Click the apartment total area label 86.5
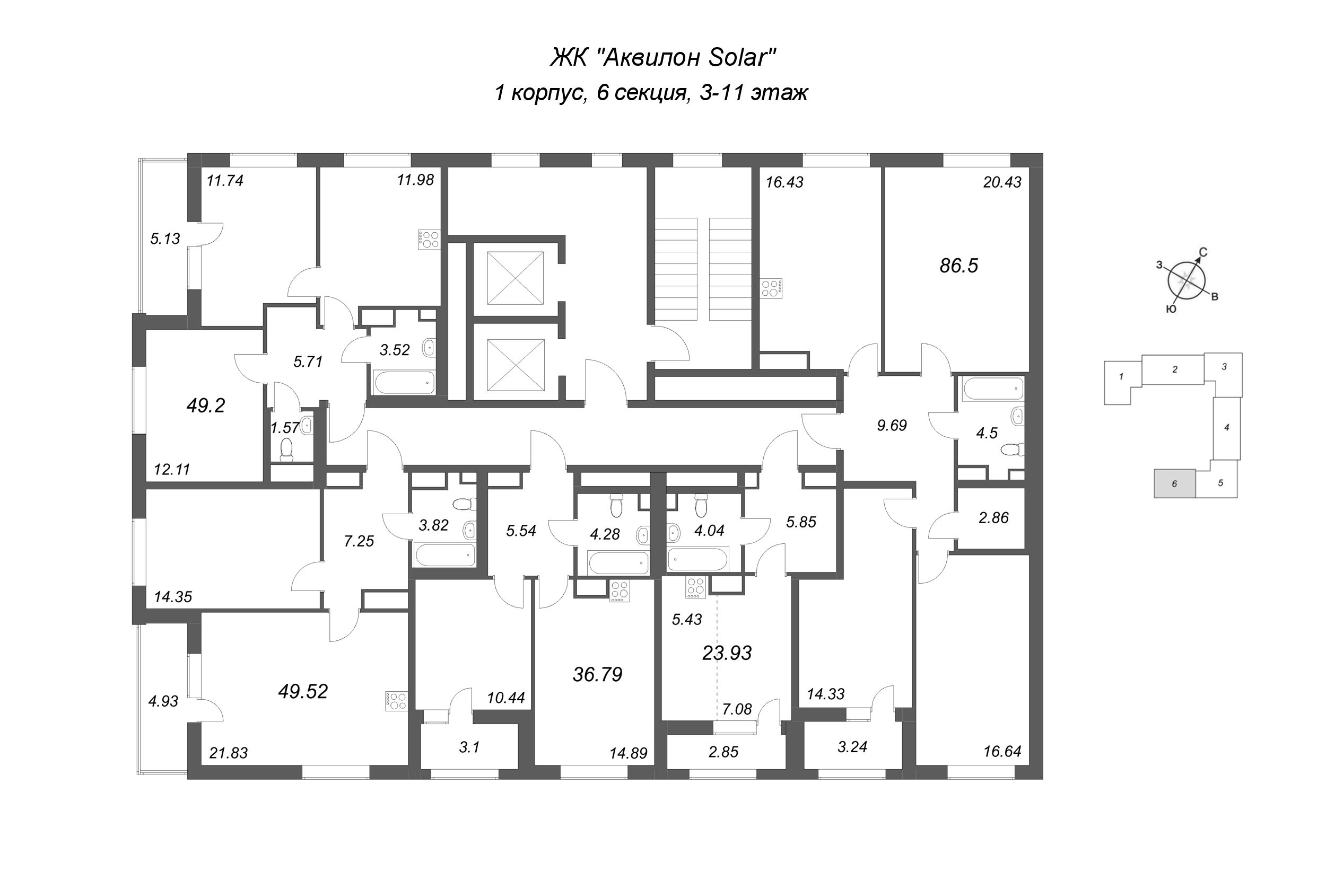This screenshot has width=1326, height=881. tap(958, 266)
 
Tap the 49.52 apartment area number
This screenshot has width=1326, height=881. tap(302, 692)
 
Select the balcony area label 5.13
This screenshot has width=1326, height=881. tap(165, 239)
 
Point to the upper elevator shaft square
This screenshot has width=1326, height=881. tap(515, 278)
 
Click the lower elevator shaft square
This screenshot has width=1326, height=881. tap(516, 365)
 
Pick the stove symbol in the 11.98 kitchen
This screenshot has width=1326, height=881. tap(429, 240)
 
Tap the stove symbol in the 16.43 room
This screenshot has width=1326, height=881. tap(771, 289)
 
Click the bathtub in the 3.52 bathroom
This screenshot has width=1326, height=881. tap(404, 382)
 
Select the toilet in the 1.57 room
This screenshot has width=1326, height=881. tap(286, 450)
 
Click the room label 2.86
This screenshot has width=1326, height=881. tap(993, 518)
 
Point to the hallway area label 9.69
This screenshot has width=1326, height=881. tap(892, 426)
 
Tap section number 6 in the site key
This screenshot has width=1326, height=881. tap(1174, 484)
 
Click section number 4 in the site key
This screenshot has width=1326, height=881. tap(1226, 428)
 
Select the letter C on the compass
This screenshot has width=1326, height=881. tap(1203, 253)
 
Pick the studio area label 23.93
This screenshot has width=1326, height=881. tap(727, 653)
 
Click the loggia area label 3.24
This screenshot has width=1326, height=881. tap(852, 747)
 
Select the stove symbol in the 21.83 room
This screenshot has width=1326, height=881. tap(396, 701)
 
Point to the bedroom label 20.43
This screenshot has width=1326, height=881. tap(1002, 182)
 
